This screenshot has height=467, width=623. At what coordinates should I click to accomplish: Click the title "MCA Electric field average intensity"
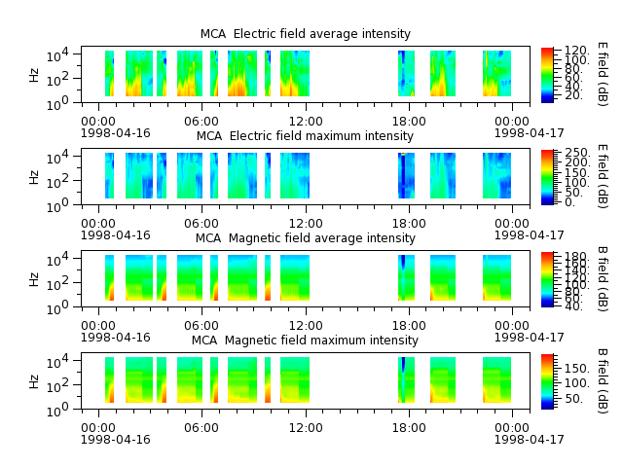305,34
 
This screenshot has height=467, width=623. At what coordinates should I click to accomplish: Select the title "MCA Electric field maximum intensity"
305,136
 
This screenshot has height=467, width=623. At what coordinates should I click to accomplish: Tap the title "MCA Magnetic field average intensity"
305,238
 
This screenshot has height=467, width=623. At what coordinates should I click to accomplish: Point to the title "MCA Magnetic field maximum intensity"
305,341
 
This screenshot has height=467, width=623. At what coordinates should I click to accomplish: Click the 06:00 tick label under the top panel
202,121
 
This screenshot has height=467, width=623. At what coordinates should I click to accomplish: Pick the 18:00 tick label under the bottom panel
409,428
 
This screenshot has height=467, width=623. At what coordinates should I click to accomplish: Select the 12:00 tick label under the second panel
306,223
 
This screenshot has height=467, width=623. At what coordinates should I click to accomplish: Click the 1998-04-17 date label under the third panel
529,338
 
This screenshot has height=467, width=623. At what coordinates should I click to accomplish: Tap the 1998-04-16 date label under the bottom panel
116,440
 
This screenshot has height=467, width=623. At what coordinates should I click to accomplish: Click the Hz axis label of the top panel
34,75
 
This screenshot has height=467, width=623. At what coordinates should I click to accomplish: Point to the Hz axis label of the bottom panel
34,381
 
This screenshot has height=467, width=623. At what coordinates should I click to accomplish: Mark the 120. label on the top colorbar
576,51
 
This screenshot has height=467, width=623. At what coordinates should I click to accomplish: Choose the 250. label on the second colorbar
577,153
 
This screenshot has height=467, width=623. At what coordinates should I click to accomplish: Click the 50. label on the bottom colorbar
573,398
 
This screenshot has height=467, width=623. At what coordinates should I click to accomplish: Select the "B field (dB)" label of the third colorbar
603,279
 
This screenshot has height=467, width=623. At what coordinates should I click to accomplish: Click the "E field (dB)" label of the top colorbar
603,74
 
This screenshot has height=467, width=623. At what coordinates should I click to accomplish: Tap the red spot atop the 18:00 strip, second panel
403,154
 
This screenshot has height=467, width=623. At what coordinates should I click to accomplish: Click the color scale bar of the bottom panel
547,381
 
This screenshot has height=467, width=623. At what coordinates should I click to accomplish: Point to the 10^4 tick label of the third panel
57,260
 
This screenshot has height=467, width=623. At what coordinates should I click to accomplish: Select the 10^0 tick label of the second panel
57,206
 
